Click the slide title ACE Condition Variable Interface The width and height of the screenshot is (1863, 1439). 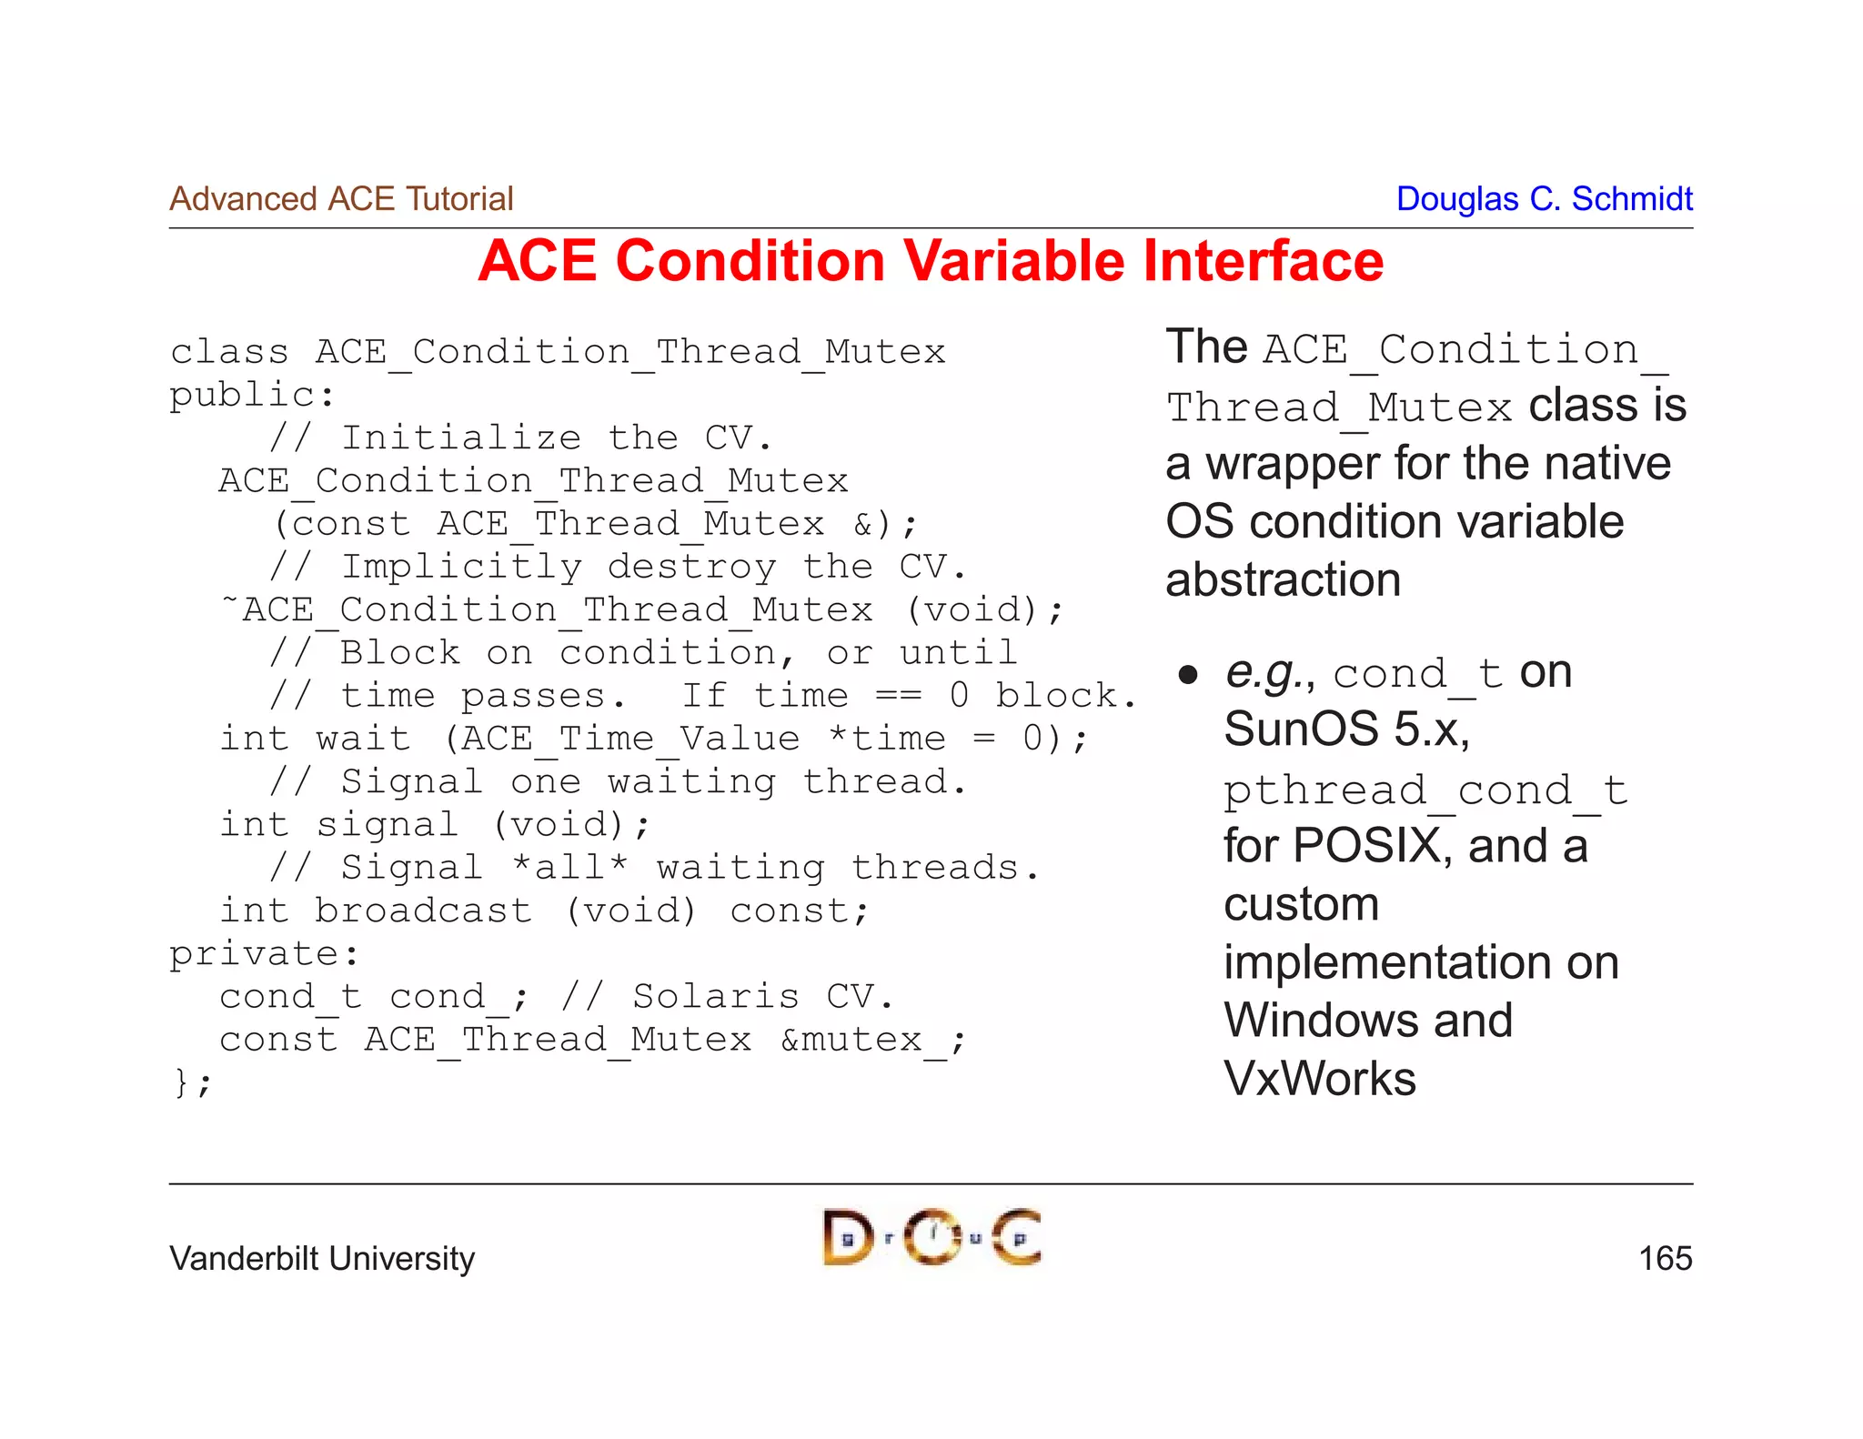[x=930, y=262]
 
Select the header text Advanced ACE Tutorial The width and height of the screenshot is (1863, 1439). [x=341, y=199]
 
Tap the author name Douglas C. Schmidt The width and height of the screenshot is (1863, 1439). [x=1544, y=199]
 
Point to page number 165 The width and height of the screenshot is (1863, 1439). [x=1665, y=1259]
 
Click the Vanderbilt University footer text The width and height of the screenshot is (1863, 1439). [x=322, y=1259]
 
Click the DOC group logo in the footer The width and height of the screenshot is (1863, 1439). [x=931, y=1237]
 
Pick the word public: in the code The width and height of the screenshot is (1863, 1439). [x=252, y=396]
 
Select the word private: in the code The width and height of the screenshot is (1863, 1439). [x=264, y=954]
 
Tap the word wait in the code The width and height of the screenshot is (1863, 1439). [x=362, y=738]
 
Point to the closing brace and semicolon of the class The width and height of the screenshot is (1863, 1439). [x=192, y=1083]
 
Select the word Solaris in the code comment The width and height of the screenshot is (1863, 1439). [x=716, y=997]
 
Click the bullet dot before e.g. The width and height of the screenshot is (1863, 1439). [x=1187, y=675]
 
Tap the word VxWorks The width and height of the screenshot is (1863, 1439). [x=1319, y=1079]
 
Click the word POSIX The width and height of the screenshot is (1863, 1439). [x=1365, y=846]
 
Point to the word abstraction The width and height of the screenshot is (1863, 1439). [x=1283, y=580]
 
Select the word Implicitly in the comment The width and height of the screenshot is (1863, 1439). [x=460, y=568]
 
